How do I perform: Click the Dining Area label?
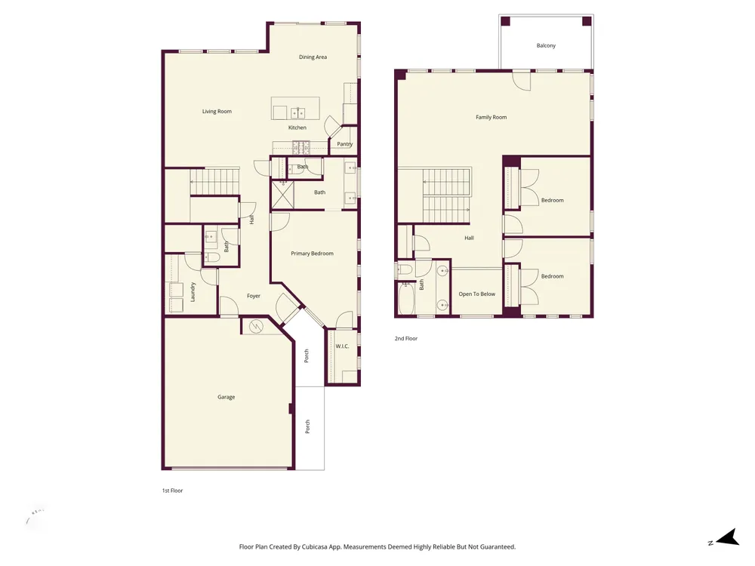click(x=313, y=57)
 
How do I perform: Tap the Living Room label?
click(x=217, y=111)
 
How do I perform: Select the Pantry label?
click(x=345, y=144)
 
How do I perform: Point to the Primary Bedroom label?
click(x=312, y=253)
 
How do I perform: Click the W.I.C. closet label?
click(x=342, y=346)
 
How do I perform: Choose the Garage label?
click(x=226, y=397)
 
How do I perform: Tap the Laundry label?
click(x=193, y=292)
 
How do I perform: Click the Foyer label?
click(x=254, y=296)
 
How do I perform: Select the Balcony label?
click(x=546, y=45)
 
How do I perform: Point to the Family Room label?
click(x=492, y=117)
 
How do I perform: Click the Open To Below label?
click(x=476, y=294)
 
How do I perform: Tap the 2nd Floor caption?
click(x=406, y=338)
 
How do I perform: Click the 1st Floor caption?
click(x=172, y=491)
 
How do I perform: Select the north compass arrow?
click(x=728, y=537)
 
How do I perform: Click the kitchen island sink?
click(x=297, y=113)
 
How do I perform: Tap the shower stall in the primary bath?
click(x=282, y=195)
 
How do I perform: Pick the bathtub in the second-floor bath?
click(x=406, y=298)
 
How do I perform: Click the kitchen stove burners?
click(x=301, y=147)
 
